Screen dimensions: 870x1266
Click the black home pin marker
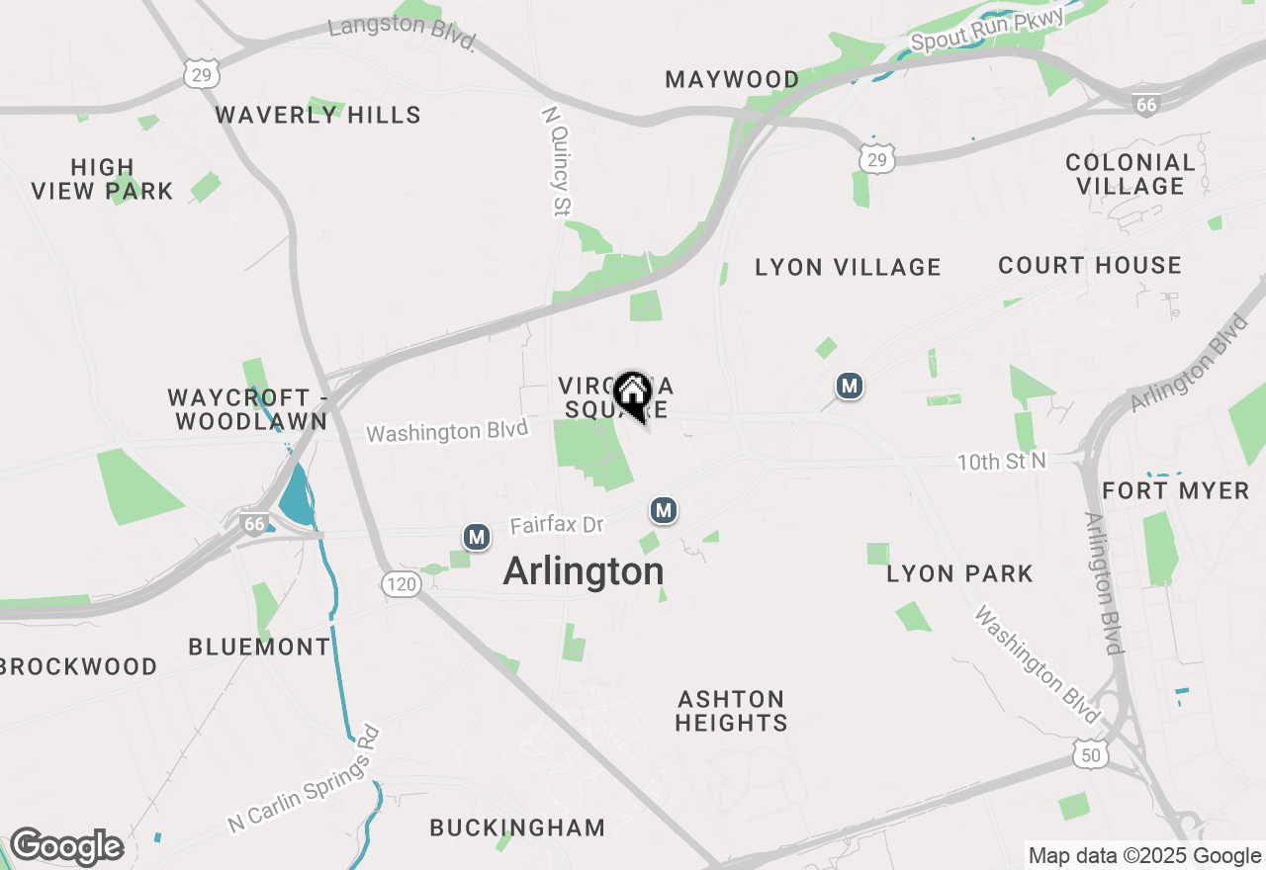pyautogui.click(x=632, y=393)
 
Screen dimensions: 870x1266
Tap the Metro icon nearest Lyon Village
pyautogui.click(x=849, y=386)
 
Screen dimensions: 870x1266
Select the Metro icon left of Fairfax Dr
pyautogui.click(x=477, y=537)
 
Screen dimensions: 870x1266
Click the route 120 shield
pyautogui.click(x=402, y=584)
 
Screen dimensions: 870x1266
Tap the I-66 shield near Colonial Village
pyautogui.click(x=1145, y=104)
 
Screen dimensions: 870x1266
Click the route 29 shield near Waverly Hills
pyautogui.click(x=202, y=73)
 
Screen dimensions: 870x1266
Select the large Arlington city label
pyautogui.click(x=584, y=571)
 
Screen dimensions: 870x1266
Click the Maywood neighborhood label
pyautogui.click(x=732, y=79)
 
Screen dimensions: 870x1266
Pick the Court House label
pyautogui.click(x=1090, y=265)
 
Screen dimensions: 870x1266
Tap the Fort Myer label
pyautogui.click(x=1176, y=490)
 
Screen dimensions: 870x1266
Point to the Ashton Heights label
pyautogui.click(x=731, y=711)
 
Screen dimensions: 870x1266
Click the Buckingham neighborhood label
pyautogui.click(x=517, y=827)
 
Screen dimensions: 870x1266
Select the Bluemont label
pyautogui.click(x=259, y=647)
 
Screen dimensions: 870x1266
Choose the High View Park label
pyautogui.click(x=102, y=179)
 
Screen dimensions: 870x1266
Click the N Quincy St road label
pyautogui.click(x=557, y=161)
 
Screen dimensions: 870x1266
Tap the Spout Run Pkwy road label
pyautogui.click(x=987, y=30)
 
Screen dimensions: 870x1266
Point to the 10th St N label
pyautogui.click(x=1001, y=462)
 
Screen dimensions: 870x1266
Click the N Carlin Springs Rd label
pyautogui.click(x=305, y=779)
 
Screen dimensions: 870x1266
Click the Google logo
pyautogui.click(x=66, y=847)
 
